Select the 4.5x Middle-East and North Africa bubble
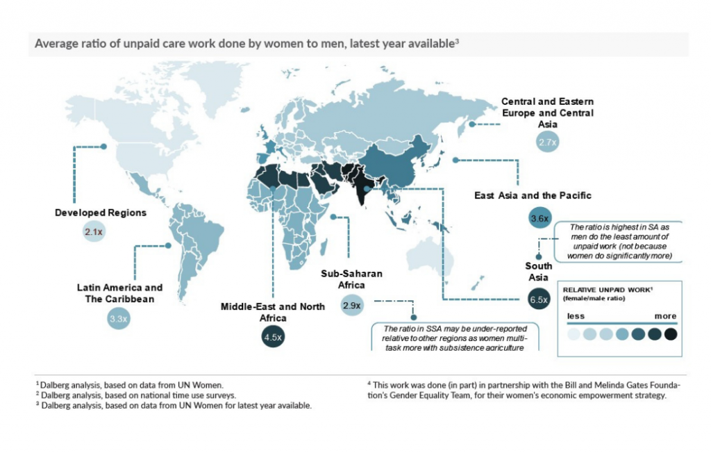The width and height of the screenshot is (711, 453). [x=272, y=337]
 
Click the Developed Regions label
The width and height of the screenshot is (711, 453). [x=101, y=213]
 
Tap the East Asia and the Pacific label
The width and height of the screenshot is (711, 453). [x=533, y=195]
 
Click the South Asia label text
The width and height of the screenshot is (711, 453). [x=539, y=272]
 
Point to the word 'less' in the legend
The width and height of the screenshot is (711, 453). [x=576, y=316]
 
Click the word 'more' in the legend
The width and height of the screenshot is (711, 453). [x=665, y=316]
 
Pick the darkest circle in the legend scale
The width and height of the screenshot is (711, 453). [x=670, y=334]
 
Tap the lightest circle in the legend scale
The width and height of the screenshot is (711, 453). [x=574, y=334]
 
